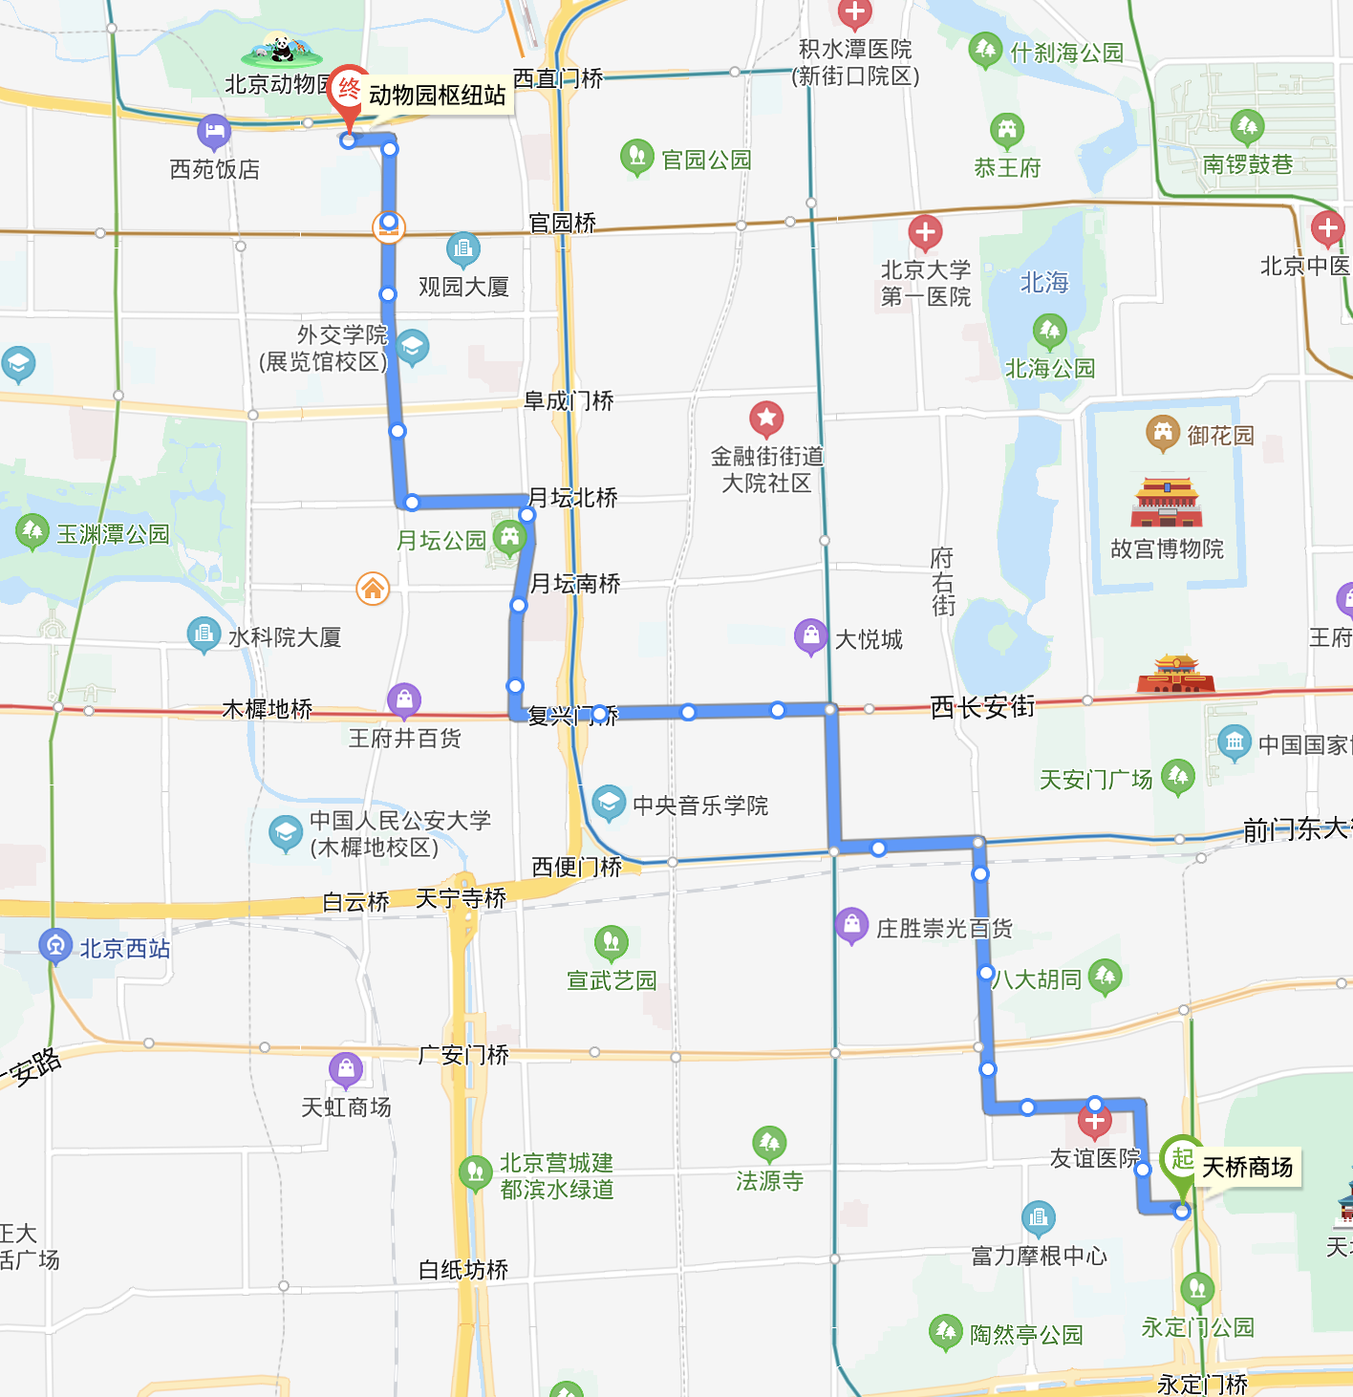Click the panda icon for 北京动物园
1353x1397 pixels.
[x=281, y=50]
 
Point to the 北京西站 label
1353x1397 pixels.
[x=124, y=949]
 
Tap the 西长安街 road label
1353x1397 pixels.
[x=982, y=707]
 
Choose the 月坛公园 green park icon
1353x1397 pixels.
[x=509, y=538]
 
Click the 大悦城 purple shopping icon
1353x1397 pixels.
[x=810, y=635]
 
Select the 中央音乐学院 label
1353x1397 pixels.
[x=700, y=806]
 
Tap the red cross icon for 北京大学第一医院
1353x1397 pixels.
[x=924, y=232]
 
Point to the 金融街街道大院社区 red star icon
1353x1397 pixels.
[x=766, y=418]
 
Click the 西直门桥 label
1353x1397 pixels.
[x=558, y=78]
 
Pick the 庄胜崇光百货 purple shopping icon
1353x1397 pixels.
[x=851, y=925]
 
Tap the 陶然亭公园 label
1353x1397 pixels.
[x=1026, y=1335]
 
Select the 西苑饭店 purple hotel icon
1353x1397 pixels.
[x=214, y=132]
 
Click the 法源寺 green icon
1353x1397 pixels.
[x=769, y=1142]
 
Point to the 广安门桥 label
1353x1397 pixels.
[x=463, y=1055]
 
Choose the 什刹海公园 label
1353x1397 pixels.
[x=1066, y=53]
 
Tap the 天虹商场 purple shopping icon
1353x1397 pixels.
[x=346, y=1069]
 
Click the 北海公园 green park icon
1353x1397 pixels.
[x=1049, y=332]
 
